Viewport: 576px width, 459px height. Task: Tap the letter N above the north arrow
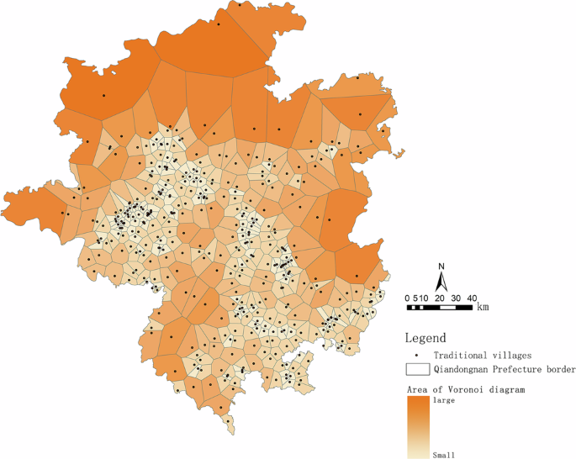[441, 267]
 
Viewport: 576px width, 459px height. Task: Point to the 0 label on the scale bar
[408, 298]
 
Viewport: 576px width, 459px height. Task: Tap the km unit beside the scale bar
[483, 308]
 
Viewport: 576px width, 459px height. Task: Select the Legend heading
[425, 337]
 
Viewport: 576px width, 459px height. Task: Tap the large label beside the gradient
[443, 400]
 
